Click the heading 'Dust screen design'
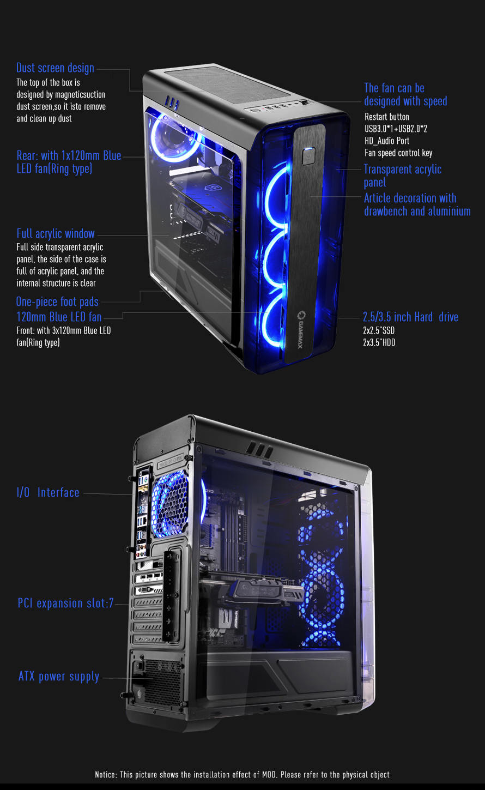click(56, 68)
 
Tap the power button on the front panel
click(308, 156)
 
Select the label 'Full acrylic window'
click(56, 233)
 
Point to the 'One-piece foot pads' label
click(57, 302)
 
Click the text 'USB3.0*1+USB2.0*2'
click(396, 129)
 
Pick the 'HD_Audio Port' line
click(387, 141)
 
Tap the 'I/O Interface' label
click(48, 492)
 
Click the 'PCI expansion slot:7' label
click(65, 603)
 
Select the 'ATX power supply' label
click(59, 677)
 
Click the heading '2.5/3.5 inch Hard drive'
click(411, 317)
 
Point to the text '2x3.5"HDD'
click(379, 342)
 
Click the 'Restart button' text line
click(387, 117)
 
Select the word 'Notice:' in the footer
click(106, 775)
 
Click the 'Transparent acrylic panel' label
click(403, 176)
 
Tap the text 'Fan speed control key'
click(398, 153)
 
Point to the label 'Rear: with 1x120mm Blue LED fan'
click(69, 162)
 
